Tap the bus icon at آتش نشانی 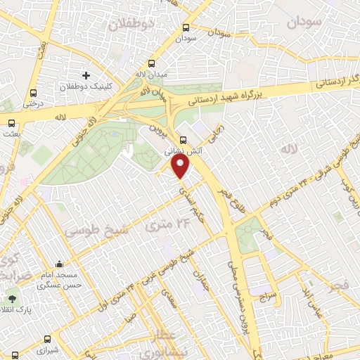(183, 140)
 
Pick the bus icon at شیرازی (47, 338)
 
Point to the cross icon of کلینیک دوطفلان (86, 75)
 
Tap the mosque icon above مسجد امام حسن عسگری (60, 265)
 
